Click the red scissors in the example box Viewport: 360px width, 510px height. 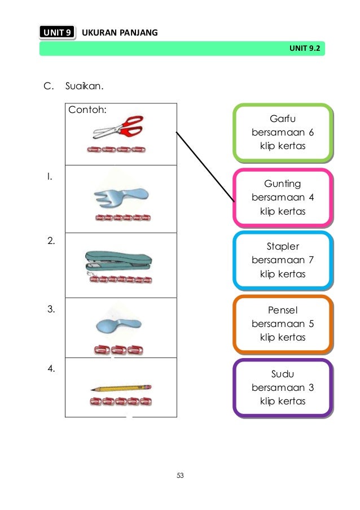(x=118, y=128)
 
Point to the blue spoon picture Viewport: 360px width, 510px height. (x=118, y=325)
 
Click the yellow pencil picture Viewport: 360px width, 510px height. (x=120, y=389)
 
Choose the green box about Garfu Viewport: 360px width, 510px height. (x=282, y=133)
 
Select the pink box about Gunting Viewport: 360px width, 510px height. (x=282, y=198)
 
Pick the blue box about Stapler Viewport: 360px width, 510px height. (x=282, y=260)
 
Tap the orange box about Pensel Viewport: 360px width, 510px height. (x=282, y=324)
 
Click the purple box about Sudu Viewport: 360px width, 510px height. (x=282, y=388)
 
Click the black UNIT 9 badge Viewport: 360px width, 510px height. (x=57, y=33)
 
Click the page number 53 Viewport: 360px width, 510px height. (x=180, y=476)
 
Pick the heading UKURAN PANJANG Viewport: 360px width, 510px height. (x=120, y=33)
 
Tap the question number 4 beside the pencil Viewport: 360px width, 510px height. (x=51, y=369)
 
